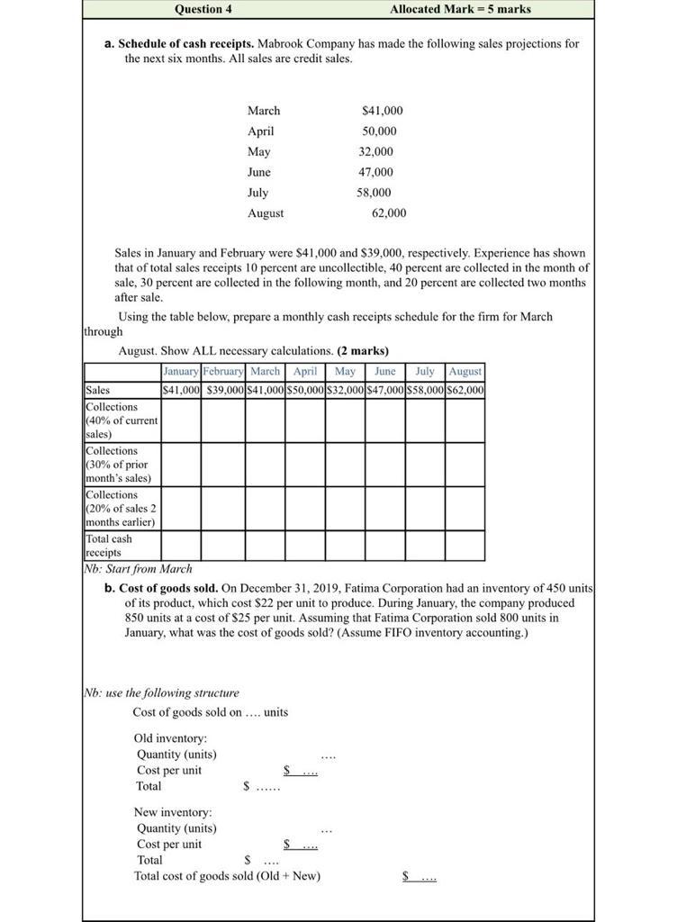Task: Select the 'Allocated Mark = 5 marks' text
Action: click(x=460, y=9)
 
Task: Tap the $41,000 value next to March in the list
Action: click(x=382, y=111)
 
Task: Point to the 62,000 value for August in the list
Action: click(x=389, y=213)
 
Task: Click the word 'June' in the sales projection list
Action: click(x=258, y=172)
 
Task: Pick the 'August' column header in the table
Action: click(x=465, y=372)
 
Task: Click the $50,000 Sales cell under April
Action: click(x=304, y=390)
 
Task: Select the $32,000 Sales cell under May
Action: click(x=345, y=390)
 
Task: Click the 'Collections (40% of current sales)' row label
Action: click(x=122, y=420)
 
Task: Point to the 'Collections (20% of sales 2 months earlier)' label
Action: click(x=121, y=509)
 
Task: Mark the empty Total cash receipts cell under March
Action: click(x=264, y=546)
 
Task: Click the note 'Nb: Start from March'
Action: click(x=138, y=569)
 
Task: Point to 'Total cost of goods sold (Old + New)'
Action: click(x=227, y=876)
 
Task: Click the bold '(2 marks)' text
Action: click(x=363, y=350)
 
